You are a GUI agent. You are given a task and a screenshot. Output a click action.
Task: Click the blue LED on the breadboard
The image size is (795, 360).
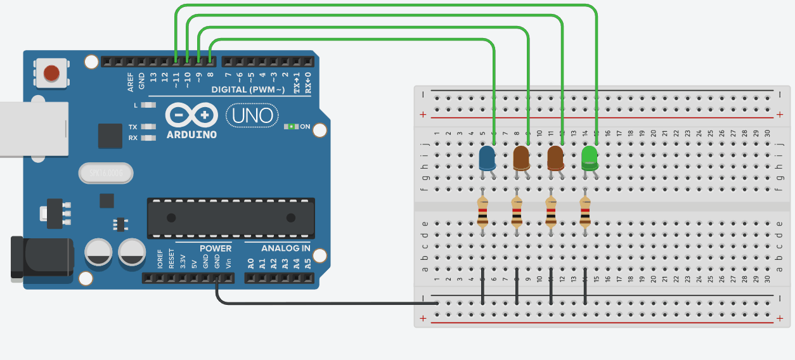point(487,158)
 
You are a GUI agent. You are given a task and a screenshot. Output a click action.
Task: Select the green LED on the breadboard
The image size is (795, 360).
point(590,158)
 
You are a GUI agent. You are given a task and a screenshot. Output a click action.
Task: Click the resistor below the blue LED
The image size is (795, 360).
point(483,212)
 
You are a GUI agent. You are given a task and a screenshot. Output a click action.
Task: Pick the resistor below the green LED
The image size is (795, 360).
point(585,212)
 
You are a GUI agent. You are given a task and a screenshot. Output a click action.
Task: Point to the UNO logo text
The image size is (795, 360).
point(252,115)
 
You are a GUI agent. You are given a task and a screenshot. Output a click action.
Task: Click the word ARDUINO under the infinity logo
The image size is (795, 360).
point(191,135)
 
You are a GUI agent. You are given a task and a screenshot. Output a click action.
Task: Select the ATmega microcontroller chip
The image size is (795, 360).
point(231,217)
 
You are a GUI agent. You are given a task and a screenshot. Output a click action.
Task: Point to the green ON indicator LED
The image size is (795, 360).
point(291,126)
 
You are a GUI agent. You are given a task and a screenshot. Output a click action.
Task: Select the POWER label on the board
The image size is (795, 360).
point(216,248)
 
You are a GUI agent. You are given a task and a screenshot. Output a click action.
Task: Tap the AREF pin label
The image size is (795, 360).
point(131,80)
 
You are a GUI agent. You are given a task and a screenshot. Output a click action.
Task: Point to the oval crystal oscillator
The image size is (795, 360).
point(106,172)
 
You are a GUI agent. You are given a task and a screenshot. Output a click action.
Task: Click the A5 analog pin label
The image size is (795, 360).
point(308,262)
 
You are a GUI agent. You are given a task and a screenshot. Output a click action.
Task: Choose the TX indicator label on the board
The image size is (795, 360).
point(133,127)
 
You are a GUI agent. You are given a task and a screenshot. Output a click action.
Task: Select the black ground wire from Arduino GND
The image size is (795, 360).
point(317,303)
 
